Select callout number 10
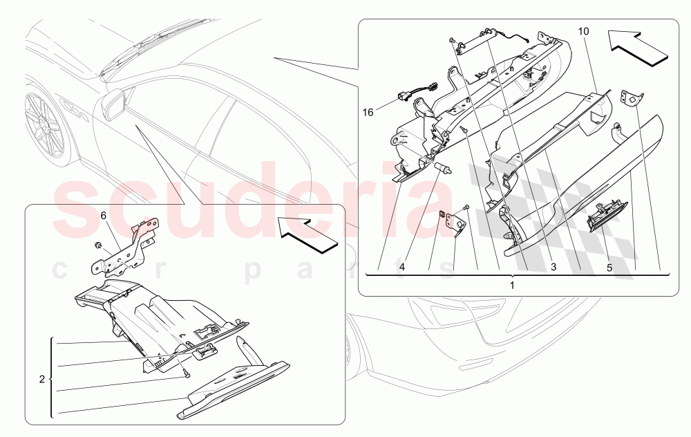click(x=583, y=32)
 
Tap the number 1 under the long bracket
click(x=512, y=284)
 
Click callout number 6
click(x=104, y=215)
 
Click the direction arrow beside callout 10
click(x=639, y=46)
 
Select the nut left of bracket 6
click(x=97, y=246)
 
